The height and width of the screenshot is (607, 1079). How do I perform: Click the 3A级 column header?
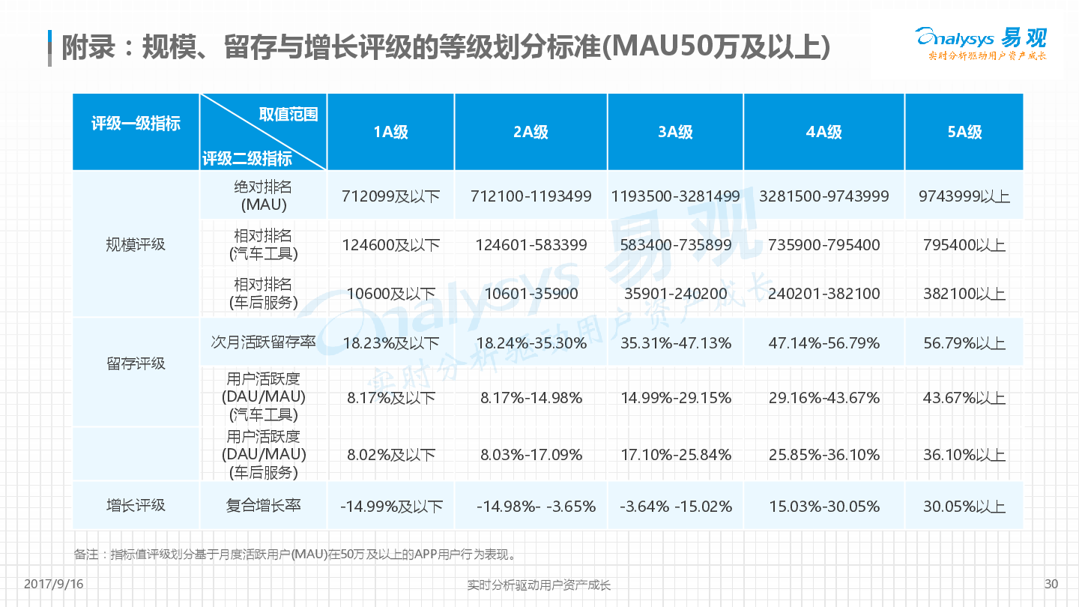675,133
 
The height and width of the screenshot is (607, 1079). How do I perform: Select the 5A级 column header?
964,133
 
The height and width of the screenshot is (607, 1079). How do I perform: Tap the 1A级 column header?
390,133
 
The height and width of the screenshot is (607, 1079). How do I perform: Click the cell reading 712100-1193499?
531,196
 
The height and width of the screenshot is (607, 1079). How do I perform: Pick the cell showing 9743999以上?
964,196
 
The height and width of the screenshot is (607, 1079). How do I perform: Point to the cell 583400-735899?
675,245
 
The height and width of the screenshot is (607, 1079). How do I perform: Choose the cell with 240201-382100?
823,294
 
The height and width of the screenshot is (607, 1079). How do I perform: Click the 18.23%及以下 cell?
390,343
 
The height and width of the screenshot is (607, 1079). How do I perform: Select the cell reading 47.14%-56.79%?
823,343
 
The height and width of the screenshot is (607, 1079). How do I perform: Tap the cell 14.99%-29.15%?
675,398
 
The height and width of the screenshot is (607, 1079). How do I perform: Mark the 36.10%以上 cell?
964,455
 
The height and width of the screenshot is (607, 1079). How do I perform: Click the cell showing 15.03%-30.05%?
823,507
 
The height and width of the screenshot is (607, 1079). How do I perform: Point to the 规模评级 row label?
136,245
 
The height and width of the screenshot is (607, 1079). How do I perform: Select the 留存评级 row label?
136,364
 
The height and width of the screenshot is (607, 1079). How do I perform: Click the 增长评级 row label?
136,506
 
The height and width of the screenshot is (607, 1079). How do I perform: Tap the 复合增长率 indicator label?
263,506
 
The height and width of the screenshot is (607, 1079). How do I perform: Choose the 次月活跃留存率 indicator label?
263,342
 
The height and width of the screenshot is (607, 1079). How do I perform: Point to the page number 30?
1051,585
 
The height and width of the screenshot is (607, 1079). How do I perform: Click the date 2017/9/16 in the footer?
54,585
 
